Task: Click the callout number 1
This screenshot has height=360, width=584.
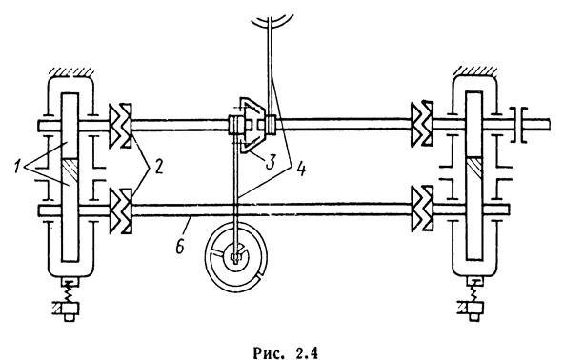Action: (x=17, y=166)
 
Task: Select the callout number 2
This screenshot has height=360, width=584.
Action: (x=158, y=168)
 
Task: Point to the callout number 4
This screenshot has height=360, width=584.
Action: (x=301, y=169)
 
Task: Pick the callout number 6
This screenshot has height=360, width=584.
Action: (x=180, y=247)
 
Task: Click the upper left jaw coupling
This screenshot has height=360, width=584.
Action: (x=120, y=125)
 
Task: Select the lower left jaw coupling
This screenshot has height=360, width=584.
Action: (x=120, y=210)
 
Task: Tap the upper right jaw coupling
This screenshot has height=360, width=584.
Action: (x=422, y=124)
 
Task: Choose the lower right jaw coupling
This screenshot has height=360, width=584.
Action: (x=422, y=209)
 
